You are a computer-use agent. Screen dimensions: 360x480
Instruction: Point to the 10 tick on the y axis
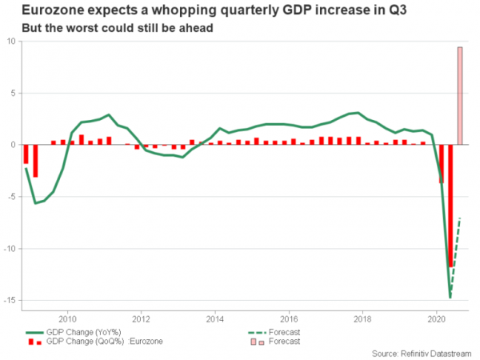(12, 42)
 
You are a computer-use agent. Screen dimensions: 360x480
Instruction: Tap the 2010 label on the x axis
(67, 315)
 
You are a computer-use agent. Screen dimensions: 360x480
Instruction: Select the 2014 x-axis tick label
(215, 315)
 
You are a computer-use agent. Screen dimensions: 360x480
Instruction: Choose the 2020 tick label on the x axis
(436, 315)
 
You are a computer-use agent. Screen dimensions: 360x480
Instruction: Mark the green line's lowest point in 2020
(450, 298)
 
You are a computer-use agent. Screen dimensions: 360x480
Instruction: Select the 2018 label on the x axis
(362, 315)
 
